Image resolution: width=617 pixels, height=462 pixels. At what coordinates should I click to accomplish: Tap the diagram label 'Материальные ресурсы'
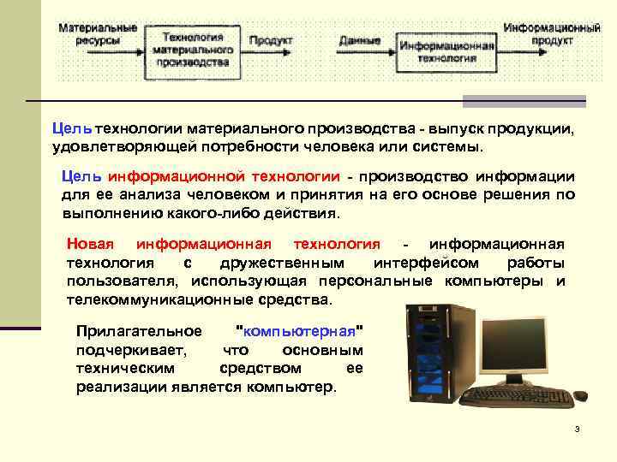click(97, 33)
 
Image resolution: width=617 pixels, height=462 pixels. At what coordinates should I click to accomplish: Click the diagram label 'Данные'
click(360, 40)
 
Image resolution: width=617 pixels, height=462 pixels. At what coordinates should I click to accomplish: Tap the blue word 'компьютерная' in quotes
click(299, 331)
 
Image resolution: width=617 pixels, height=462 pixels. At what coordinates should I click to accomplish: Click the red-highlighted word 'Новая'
click(89, 244)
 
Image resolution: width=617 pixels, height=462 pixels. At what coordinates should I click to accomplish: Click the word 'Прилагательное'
click(139, 331)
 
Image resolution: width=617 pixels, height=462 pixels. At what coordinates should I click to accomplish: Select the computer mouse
click(580, 395)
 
